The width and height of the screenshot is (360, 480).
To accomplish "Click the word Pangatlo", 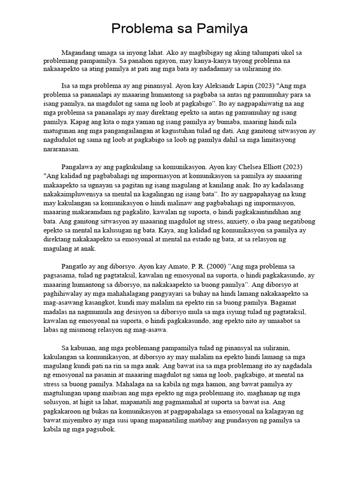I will click(75, 267).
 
